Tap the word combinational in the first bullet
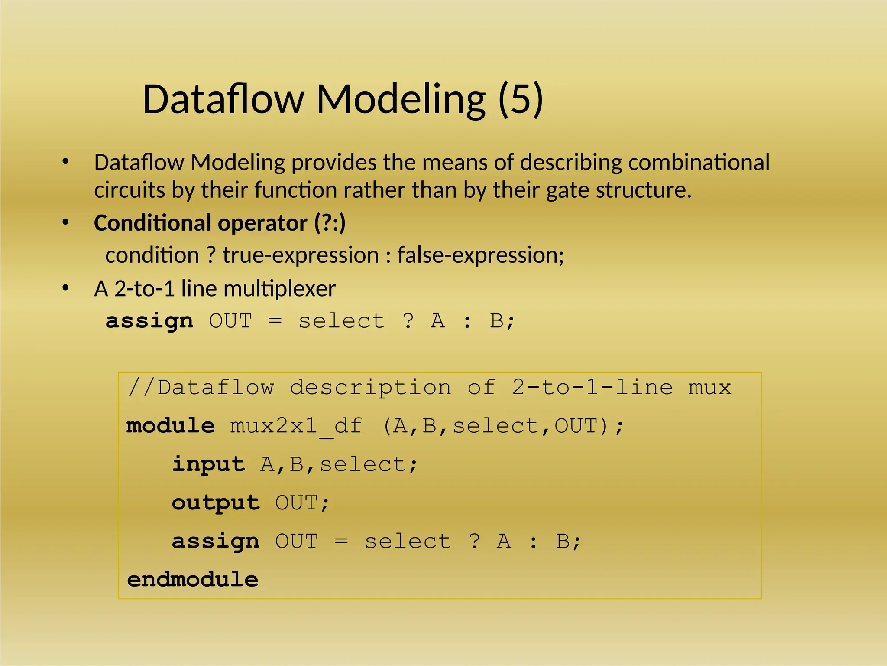(x=699, y=162)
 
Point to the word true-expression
(x=301, y=255)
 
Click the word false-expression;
(x=481, y=255)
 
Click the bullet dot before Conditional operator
(x=65, y=222)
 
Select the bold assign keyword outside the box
(x=149, y=321)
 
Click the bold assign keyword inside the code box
(x=216, y=542)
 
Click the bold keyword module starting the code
(x=170, y=426)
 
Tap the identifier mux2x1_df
(x=296, y=427)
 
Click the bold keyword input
(x=209, y=465)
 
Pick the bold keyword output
(x=216, y=503)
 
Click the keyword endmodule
(x=192, y=580)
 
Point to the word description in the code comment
(x=370, y=388)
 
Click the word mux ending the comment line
(x=709, y=388)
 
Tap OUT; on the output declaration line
(x=302, y=503)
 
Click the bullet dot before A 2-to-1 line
(x=65, y=288)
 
